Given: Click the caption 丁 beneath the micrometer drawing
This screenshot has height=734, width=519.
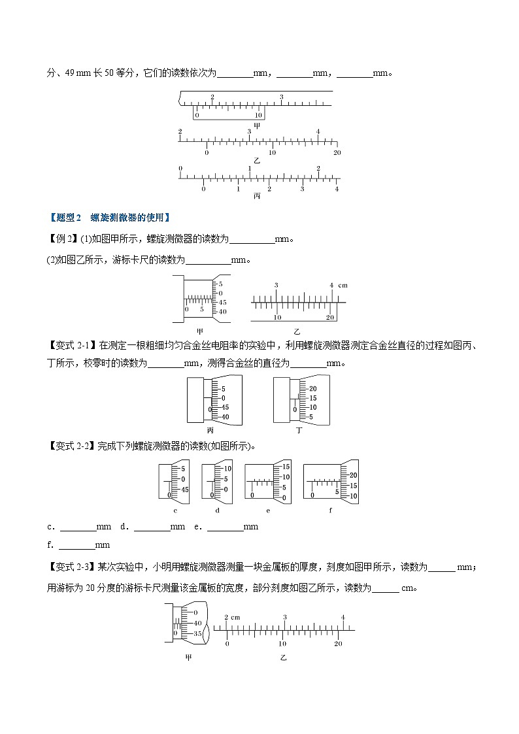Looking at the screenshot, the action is pyautogui.click(x=299, y=431).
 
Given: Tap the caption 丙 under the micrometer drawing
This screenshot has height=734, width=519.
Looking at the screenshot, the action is pyautogui.click(x=210, y=431).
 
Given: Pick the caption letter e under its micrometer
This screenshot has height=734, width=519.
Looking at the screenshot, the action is pyautogui.click(x=268, y=510).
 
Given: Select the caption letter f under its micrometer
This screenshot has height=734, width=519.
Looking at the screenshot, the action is pyautogui.click(x=331, y=510).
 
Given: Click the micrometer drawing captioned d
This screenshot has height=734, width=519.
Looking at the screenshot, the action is pyautogui.click(x=216, y=482).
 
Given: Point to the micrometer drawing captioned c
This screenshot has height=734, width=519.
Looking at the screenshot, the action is pyautogui.click(x=175, y=482).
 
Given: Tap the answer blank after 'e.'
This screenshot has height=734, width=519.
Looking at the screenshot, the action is pyautogui.click(x=224, y=527).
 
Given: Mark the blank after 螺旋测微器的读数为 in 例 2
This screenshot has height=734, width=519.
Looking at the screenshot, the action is pyautogui.click(x=252, y=239).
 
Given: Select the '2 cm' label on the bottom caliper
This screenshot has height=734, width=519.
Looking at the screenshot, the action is pyautogui.click(x=232, y=617).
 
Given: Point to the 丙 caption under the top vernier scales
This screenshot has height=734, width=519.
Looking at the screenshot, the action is pyautogui.click(x=257, y=196).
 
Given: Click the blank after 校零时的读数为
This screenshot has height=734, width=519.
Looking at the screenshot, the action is pyautogui.click(x=165, y=363).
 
